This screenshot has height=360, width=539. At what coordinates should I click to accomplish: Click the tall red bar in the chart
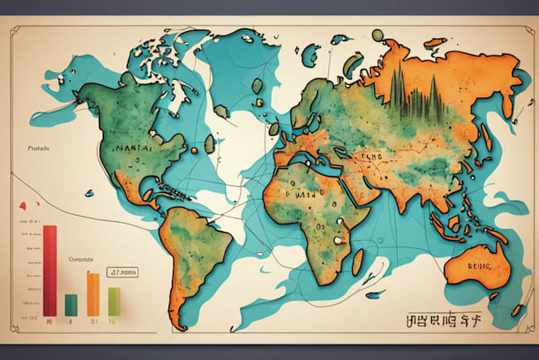[50, 270]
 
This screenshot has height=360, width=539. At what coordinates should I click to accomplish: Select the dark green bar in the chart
[71, 304]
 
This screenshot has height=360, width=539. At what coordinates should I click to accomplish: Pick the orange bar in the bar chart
[93, 293]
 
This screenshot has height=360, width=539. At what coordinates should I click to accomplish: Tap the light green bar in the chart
[113, 301]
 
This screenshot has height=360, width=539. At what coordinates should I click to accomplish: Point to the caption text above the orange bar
[81, 259]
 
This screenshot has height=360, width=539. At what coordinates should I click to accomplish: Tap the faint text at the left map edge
[38, 147]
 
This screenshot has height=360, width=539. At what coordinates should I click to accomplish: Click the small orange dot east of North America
[193, 149]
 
